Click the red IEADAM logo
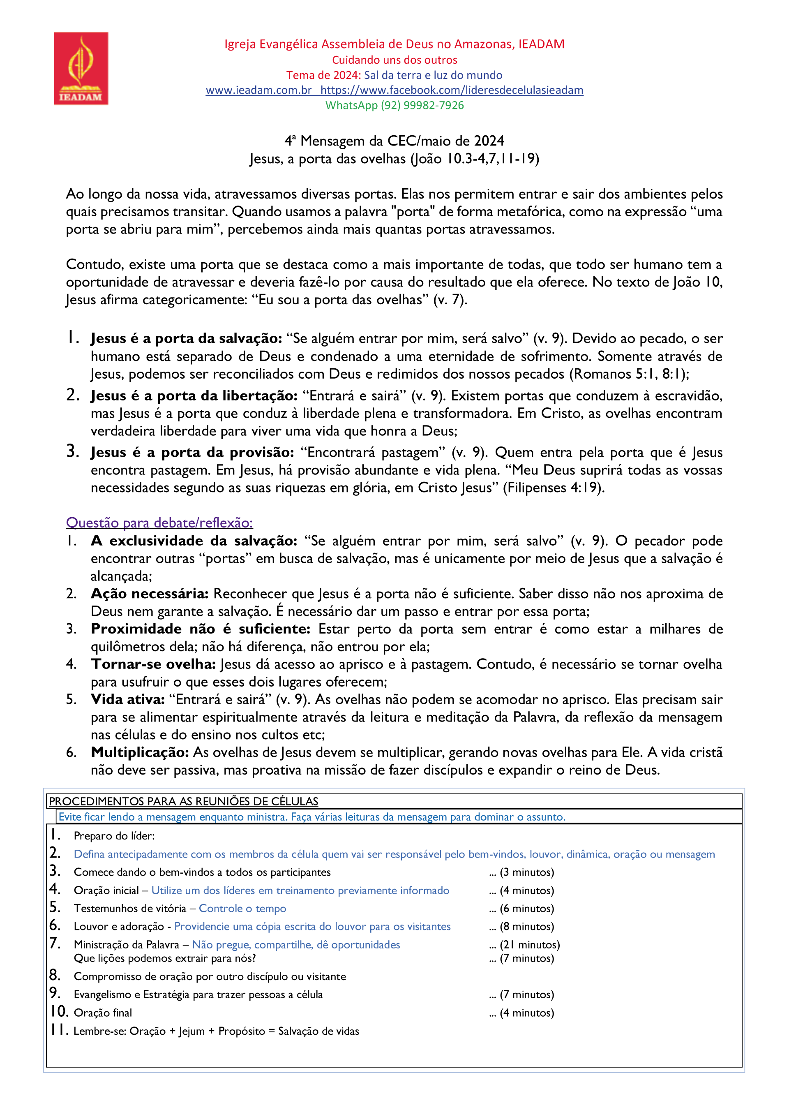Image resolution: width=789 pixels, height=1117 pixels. click(81, 68)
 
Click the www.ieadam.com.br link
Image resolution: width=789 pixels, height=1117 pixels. click(258, 90)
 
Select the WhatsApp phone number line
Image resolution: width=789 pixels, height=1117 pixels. click(394, 105)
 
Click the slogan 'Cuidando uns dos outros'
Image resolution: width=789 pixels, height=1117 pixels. click(394, 60)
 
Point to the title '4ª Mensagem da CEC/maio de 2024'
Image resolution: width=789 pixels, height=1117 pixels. click(394, 141)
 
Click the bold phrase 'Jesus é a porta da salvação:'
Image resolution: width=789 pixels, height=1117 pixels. click(186, 339)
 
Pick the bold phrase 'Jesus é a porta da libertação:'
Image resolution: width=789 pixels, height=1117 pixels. click(194, 396)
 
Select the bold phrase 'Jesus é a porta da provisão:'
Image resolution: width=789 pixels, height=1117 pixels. click(192, 453)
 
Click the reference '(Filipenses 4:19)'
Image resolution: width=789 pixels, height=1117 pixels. click(553, 488)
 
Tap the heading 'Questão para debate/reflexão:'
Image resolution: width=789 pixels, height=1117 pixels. click(159, 523)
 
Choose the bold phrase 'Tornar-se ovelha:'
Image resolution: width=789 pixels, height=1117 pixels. click(153, 664)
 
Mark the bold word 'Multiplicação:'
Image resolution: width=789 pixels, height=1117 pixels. click(140, 753)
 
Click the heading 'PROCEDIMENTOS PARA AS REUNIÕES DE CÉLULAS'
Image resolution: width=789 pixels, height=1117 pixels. click(183, 801)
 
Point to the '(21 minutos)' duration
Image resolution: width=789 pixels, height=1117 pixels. click(530, 945)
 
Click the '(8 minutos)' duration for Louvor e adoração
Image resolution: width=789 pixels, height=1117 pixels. click(527, 927)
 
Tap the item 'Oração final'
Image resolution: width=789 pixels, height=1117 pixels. click(103, 1013)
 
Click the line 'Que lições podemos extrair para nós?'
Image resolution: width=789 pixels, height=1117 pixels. click(164, 958)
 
